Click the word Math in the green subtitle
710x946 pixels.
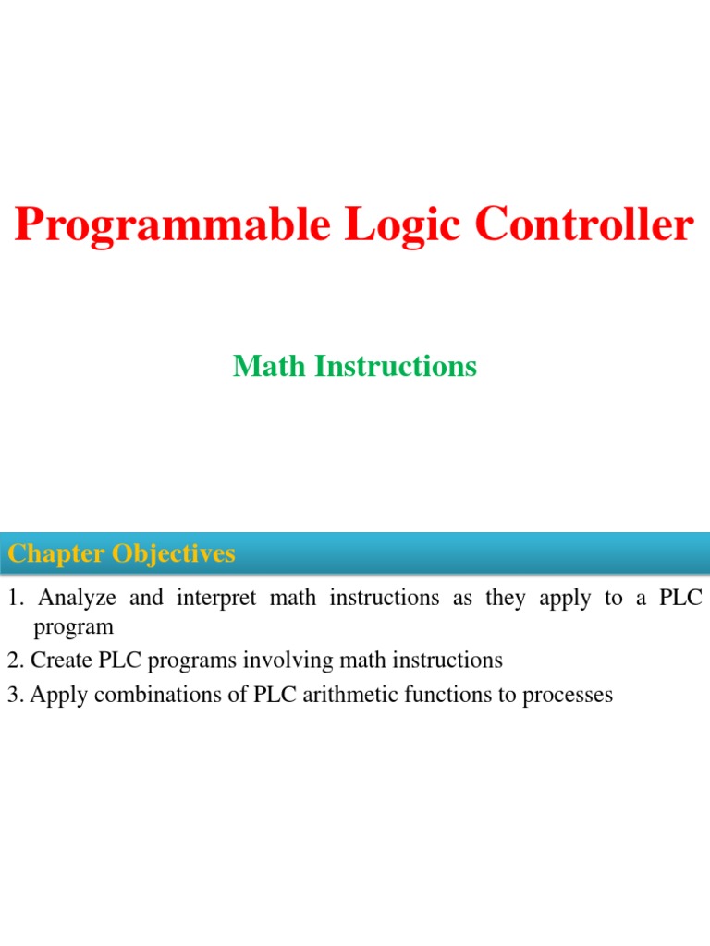[x=270, y=367]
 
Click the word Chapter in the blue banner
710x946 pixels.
[x=57, y=554]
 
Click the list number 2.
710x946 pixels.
[x=13, y=661]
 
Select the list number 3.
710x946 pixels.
[x=13, y=695]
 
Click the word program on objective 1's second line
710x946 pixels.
[x=73, y=628]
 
